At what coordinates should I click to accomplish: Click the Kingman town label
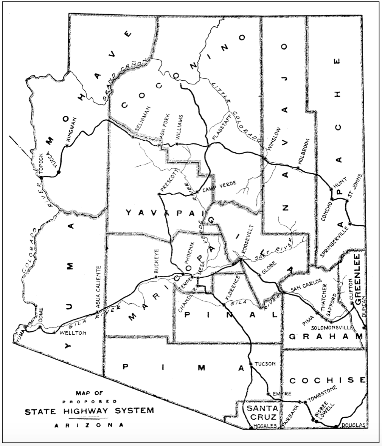click(x=73, y=130)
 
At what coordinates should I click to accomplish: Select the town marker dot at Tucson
click(x=250, y=364)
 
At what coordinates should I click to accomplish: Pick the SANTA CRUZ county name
click(x=262, y=413)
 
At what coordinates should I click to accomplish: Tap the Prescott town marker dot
click(x=159, y=194)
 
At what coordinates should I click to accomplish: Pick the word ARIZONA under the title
click(x=89, y=425)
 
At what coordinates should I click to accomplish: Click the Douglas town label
click(x=354, y=425)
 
